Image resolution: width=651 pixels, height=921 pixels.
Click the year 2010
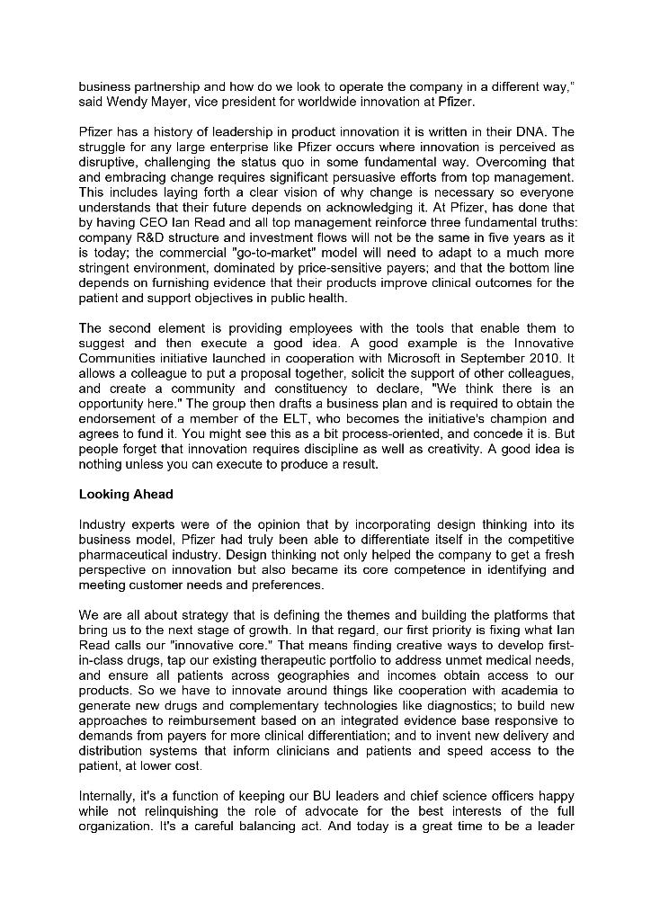557,358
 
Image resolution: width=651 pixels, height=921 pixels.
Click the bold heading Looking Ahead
126,494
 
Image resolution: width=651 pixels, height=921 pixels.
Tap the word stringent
107,268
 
